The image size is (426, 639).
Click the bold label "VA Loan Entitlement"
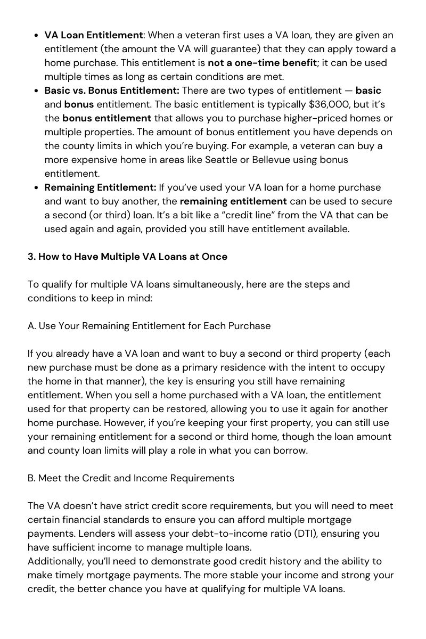coord(94,35)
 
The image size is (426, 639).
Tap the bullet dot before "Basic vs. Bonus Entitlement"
coord(35,91)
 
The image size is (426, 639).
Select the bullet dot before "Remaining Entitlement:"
coord(35,187)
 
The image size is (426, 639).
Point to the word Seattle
coord(224,160)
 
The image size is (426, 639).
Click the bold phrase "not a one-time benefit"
coord(262,63)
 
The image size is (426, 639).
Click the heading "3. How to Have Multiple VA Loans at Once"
coord(127,257)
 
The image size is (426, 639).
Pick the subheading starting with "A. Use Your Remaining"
coord(149,326)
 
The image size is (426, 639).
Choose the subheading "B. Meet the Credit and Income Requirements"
coord(131,478)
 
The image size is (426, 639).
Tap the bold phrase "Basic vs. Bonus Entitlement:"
coord(112,91)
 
